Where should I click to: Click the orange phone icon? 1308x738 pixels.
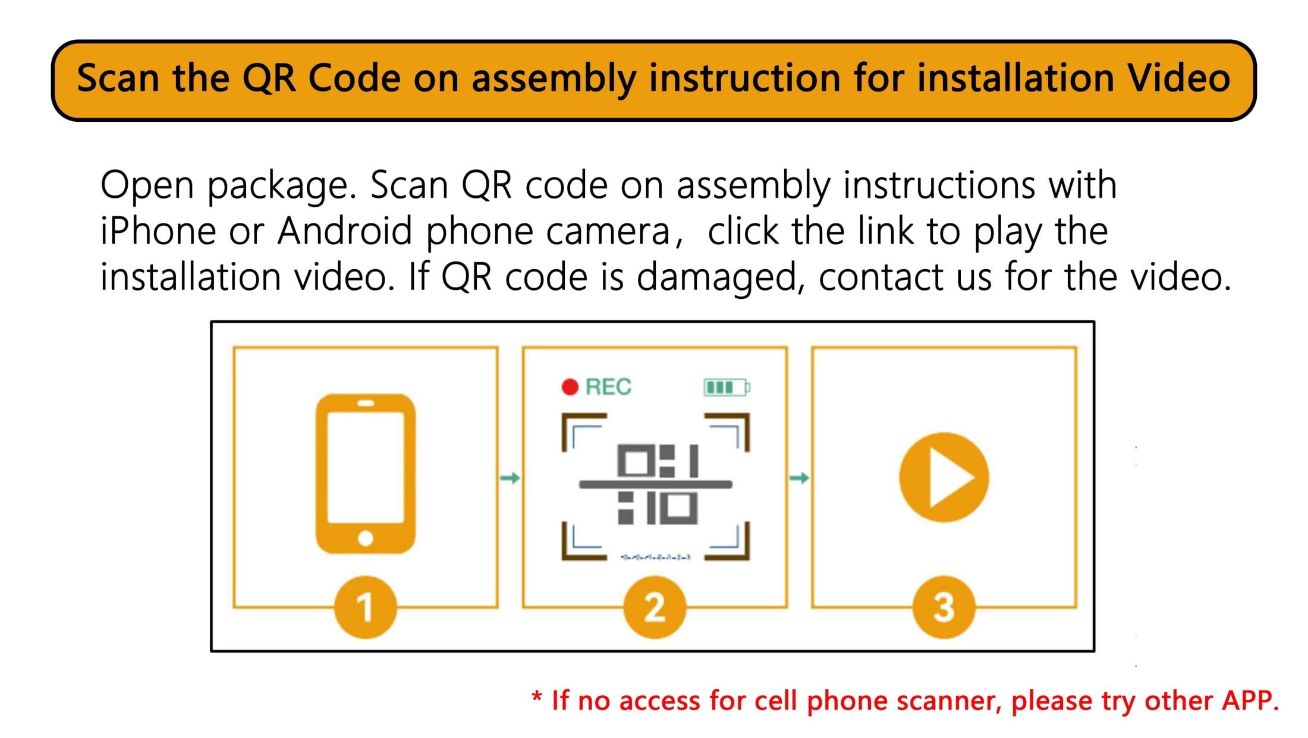pos(365,473)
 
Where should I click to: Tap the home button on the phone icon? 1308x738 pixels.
pos(366,538)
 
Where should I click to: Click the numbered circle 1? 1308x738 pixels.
pos(365,607)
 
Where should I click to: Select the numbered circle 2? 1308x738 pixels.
pos(654,607)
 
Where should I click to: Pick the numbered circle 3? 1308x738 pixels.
pos(944,607)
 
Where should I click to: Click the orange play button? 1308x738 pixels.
pos(944,477)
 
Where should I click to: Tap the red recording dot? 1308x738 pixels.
pos(570,387)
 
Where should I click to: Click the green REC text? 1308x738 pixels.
pos(608,387)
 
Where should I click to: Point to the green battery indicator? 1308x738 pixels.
pos(727,387)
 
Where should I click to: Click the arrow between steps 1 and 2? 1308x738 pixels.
pos(510,478)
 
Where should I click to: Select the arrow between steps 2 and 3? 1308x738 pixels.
pos(799,478)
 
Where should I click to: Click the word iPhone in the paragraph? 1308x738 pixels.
pos(158,231)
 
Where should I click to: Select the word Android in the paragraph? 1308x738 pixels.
pos(345,231)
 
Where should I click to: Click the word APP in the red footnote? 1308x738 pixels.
pos(1250,701)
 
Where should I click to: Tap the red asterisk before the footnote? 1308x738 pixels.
pos(537,696)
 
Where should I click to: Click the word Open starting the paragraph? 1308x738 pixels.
pos(147,185)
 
